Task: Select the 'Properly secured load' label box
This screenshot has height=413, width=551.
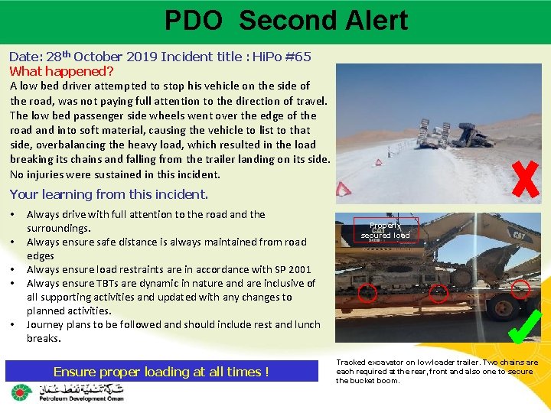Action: pyautogui.click(x=386, y=230)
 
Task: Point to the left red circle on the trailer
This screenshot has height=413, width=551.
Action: pyautogui.click(x=368, y=291)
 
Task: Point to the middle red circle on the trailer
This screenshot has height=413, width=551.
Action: pyautogui.click(x=438, y=291)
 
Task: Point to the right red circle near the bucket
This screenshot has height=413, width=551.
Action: pyautogui.click(x=520, y=288)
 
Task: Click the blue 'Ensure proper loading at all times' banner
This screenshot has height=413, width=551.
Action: pyautogui.click(x=161, y=372)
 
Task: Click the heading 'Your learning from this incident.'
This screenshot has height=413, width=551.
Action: pyautogui.click(x=109, y=194)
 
